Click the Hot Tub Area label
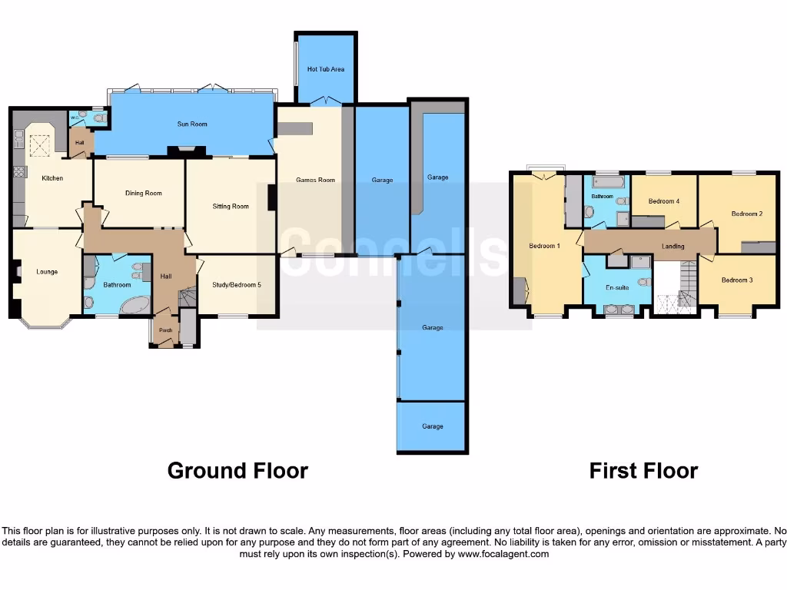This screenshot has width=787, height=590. click(x=326, y=69)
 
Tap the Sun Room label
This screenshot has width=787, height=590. click(x=192, y=124)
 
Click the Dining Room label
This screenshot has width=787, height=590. click(x=144, y=193)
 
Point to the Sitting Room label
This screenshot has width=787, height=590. click(x=231, y=206)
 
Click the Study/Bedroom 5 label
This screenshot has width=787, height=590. click(x=236, y=285)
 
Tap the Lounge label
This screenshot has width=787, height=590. click(x=47, y=272)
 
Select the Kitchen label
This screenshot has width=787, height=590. click(x=52, y=178)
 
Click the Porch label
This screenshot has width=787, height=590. click(x=165, y=331)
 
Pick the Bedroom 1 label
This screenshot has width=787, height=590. click(x=544, y=246)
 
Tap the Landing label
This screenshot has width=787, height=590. click(x=673, y=247)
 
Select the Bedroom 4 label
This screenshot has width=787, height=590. click(x=663, y=201)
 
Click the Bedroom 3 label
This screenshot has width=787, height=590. click(x=736, y=280)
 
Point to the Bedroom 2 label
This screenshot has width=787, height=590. click(x=746, y=214)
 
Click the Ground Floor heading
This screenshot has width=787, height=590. click(x=237, y=470)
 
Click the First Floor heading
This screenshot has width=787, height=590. click(x=643, y=470)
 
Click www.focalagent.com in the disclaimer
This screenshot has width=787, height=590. click(x=505, y=554)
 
